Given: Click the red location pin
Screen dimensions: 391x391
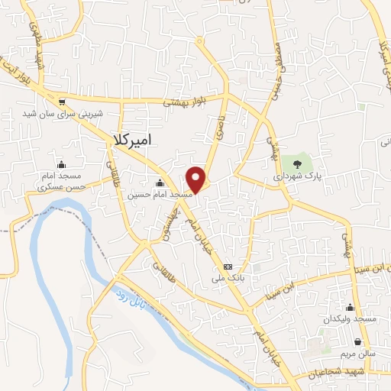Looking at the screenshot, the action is tap(197, 179).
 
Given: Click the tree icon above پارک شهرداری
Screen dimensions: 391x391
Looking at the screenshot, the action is tap(298, 163).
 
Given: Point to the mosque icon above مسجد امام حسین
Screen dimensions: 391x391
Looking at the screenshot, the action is tap(160, 183).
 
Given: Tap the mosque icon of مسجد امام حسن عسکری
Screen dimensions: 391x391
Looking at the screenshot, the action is tap(61, 164).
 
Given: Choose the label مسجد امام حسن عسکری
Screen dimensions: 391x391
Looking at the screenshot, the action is tap(60, 182).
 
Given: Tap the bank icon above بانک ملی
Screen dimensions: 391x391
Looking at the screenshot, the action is tap(228, 266).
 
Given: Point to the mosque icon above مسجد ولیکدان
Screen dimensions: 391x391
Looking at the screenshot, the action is tap(350, 305).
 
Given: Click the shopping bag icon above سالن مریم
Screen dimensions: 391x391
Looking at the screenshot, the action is tap(359, 342).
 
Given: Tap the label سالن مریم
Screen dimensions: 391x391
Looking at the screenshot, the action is tap(358, 354).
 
